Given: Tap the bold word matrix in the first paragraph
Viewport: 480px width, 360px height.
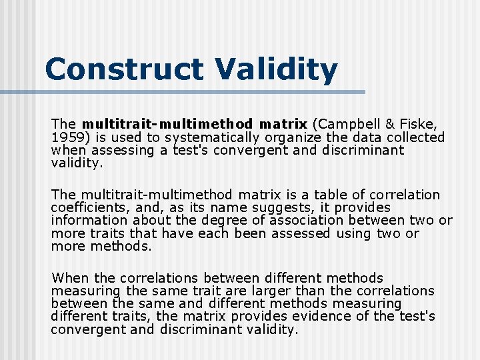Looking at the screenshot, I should (283, 124).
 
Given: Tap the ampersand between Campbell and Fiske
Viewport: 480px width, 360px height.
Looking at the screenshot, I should (390, 124).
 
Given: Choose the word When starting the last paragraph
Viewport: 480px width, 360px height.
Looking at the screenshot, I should (69, 278).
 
